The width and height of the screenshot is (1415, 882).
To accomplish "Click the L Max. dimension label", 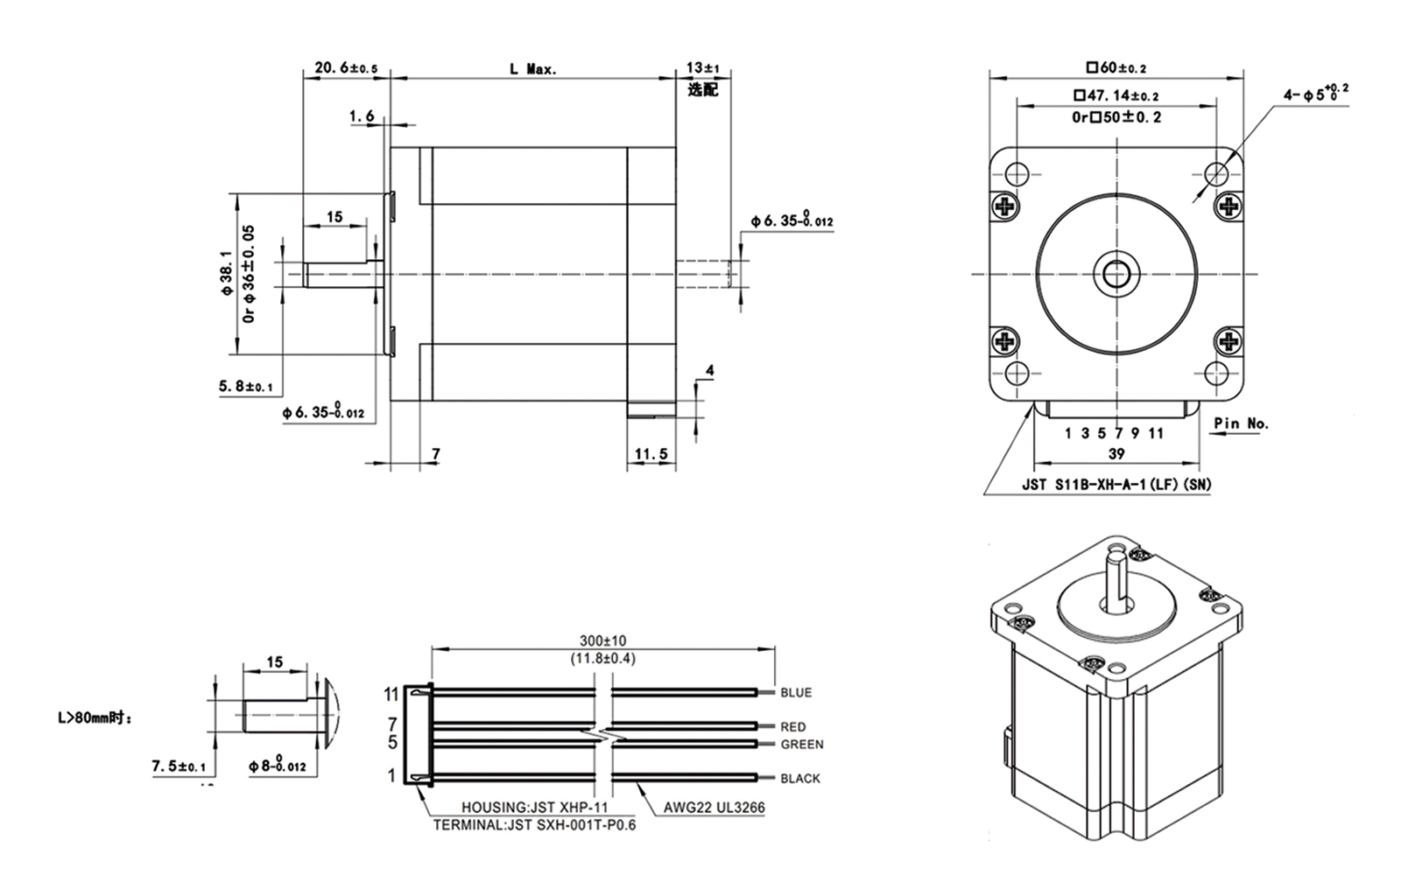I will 533,68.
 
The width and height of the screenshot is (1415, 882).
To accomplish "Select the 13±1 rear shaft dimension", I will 702,67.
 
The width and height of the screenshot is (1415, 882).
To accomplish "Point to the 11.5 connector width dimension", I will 651,454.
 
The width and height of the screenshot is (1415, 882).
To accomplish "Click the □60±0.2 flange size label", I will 1116,67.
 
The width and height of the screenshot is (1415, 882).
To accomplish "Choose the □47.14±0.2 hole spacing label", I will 1116,95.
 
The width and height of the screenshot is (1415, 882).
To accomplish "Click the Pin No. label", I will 1241,423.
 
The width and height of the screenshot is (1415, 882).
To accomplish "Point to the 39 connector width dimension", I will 1116,453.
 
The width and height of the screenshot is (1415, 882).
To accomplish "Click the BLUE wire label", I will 796,693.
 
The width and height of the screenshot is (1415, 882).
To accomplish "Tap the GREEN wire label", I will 802,745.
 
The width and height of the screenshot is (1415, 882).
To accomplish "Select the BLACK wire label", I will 800,779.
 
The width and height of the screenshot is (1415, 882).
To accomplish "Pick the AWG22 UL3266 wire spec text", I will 714,808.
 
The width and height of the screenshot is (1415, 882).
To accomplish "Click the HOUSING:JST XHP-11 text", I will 535,808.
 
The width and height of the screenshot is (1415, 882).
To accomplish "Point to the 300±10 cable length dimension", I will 602,641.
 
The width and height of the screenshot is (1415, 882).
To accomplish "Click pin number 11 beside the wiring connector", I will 391,695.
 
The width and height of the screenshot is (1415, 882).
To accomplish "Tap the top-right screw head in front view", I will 1228,206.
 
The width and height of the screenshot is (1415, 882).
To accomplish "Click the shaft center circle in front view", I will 1116,274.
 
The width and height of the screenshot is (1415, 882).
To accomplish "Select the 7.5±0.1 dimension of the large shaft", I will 178,767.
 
